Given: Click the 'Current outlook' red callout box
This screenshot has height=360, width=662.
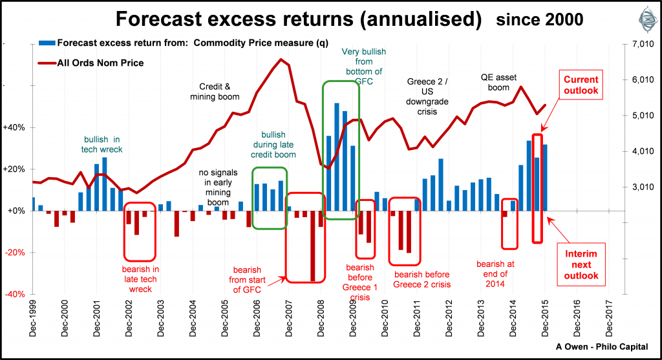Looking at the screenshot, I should [581, 85].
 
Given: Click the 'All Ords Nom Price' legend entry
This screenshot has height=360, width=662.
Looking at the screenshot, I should [100, 63].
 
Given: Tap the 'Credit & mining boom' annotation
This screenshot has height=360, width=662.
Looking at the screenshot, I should [215, 91].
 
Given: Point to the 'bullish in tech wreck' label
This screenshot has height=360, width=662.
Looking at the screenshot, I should [103, 144].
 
